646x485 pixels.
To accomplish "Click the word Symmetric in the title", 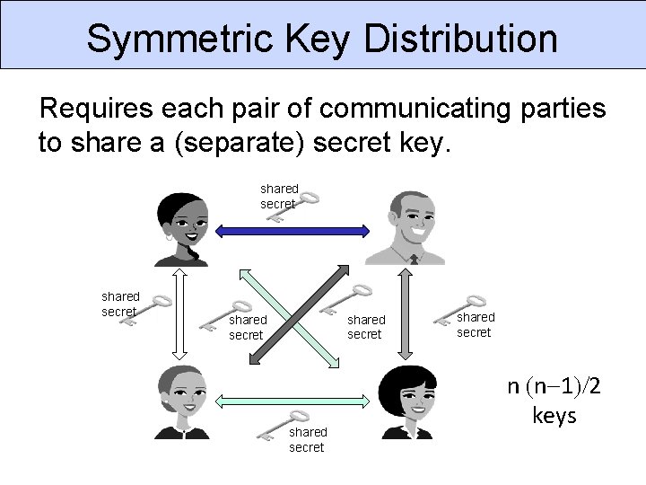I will point(179,39).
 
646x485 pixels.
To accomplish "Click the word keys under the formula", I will point(554,417).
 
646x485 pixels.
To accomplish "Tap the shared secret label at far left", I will point(119,304).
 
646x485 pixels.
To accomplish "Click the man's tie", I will point(413,260).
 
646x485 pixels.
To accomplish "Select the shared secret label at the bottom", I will point(308,439).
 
